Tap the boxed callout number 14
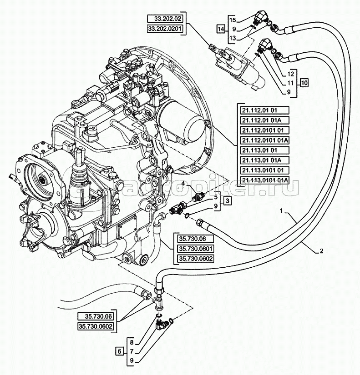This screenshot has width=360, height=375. tap(221, 29)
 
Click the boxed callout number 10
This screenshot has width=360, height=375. tap(304, 83)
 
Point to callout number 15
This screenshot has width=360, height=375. tap(232, 20)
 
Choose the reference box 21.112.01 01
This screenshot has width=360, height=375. tap(264, 110)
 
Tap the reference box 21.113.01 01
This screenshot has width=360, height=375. tap(264, 150)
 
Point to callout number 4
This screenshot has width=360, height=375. tap(183, 184)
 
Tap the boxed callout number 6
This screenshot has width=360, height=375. tap(119, 351)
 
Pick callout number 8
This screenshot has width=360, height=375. tap(131, 341)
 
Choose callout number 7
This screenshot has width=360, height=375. tap(131, 351)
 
